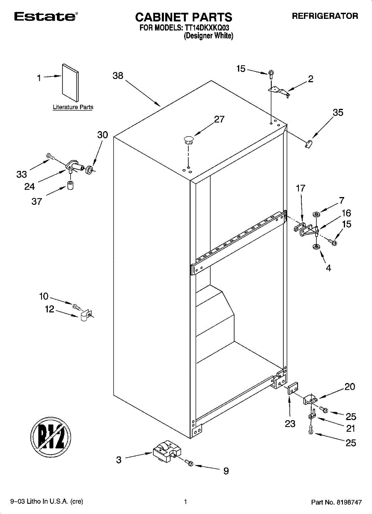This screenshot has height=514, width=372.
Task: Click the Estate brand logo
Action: [45, 17]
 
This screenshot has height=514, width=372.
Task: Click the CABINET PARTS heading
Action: [184, 17]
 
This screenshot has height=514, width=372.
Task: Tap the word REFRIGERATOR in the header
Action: [325, 16]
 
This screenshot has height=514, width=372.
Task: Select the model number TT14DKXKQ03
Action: [209, 28]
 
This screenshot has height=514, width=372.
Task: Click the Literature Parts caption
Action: [73, 107]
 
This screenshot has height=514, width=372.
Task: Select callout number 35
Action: [338, 113]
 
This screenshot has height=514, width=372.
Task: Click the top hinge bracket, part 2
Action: [279, 90]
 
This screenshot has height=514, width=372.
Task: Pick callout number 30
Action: [103, 135]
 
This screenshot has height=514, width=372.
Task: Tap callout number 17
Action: [301, 188]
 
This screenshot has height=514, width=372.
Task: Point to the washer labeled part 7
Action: [317, 213]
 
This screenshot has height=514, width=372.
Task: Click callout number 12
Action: [50, 309]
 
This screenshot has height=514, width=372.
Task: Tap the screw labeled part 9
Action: [189, 463]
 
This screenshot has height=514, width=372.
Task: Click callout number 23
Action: [290, 424]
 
